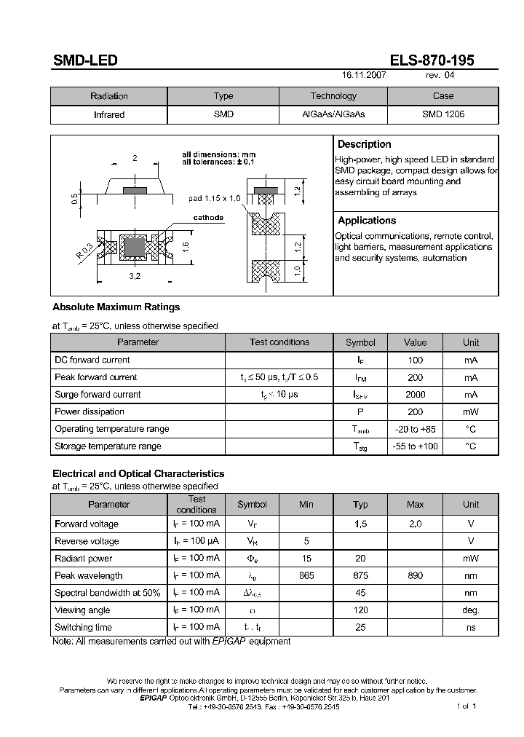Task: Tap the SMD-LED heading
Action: click(84, 61)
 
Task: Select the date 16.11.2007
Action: click(364, 75)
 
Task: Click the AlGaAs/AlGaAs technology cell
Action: click(333, 114)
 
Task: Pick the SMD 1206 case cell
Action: click(442, 114)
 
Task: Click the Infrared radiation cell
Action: click(109, 114)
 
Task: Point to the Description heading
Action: click(364, 144)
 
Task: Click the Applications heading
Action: click(367, 220)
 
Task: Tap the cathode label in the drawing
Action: click(208, 218)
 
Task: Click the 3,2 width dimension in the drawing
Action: click(135, 276)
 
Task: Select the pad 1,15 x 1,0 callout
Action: click(214, 198)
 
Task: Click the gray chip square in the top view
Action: click(134, 247)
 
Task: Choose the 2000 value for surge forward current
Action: click(416, 395)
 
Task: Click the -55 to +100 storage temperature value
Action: click(416, 446)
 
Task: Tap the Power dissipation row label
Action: click(90, 411)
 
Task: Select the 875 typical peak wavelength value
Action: click(360, 575)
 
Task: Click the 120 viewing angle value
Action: click(360, 610)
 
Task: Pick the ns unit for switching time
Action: click(471, 627)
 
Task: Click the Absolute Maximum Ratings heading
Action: click(116, 307)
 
